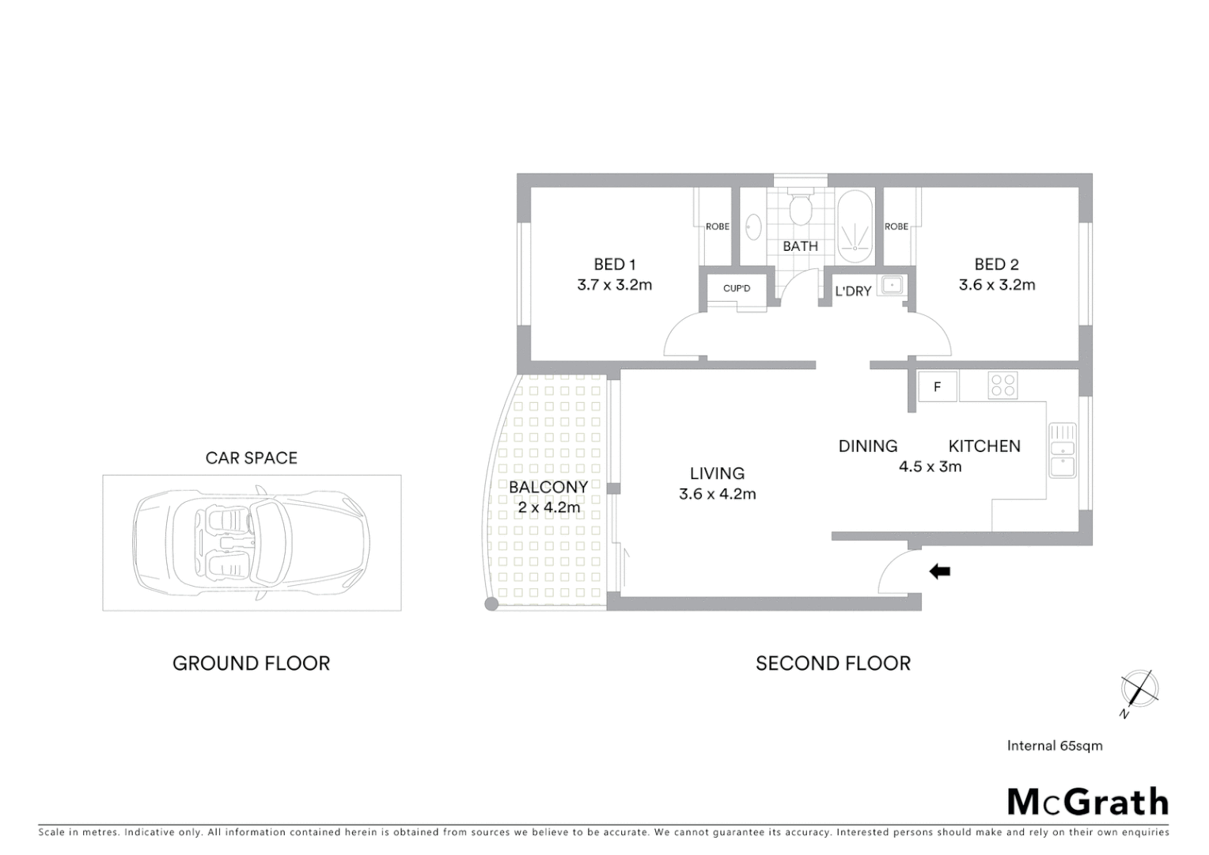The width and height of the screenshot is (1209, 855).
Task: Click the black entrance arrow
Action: tap(939, 571)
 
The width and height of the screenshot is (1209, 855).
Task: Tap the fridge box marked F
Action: tap(938, 386)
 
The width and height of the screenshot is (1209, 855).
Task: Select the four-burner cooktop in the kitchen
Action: tap(1002, 386)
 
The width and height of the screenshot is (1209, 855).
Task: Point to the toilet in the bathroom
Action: tap(800, 210)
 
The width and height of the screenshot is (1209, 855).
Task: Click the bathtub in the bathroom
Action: tap(855, 226)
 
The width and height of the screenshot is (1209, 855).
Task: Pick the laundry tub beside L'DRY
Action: tap(893, 284)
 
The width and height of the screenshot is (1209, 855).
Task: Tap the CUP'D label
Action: tap(737, 289)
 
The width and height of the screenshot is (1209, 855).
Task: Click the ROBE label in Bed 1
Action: tap(717, 226)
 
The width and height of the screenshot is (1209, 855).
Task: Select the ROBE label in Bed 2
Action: tap(896, 226)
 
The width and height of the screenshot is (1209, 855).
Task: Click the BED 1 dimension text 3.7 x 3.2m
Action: tap(615, 285)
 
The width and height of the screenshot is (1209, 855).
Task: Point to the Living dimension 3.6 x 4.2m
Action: tap(717, 494)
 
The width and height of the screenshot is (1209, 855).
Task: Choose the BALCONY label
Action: tap(548, 487)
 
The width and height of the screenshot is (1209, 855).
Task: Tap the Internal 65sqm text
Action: tap(1054, 746)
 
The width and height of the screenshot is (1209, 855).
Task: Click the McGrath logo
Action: tap(1087, 802)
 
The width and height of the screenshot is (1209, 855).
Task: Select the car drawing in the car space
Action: tap(252, 542)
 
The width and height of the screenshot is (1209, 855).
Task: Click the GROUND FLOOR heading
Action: tap(251, 663)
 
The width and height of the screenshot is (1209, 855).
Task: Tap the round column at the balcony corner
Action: tap(491, 605)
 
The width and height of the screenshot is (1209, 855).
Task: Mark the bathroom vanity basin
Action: tap(753, 226)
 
